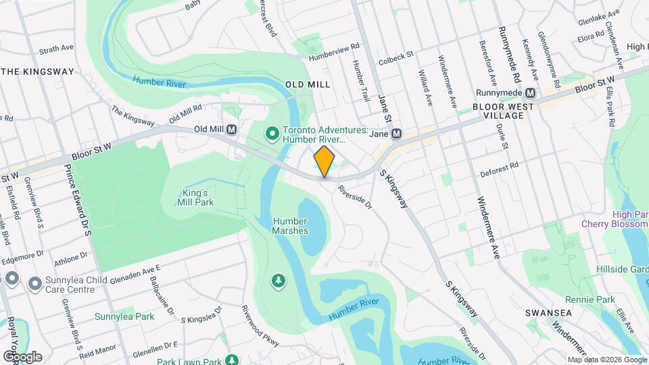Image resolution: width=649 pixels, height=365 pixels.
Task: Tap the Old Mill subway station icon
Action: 232,129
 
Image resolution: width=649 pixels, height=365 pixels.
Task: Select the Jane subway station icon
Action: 397,134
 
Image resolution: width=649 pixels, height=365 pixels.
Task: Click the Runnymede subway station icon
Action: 531,93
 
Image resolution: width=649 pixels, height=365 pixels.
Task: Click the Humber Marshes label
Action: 291,226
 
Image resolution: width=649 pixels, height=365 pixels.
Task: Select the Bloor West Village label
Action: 498,111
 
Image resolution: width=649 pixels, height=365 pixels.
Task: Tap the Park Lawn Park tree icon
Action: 232,360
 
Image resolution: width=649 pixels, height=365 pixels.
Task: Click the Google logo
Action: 22,356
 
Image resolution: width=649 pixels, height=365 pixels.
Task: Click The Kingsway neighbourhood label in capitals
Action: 37,71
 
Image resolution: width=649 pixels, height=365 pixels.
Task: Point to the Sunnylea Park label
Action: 124,316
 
